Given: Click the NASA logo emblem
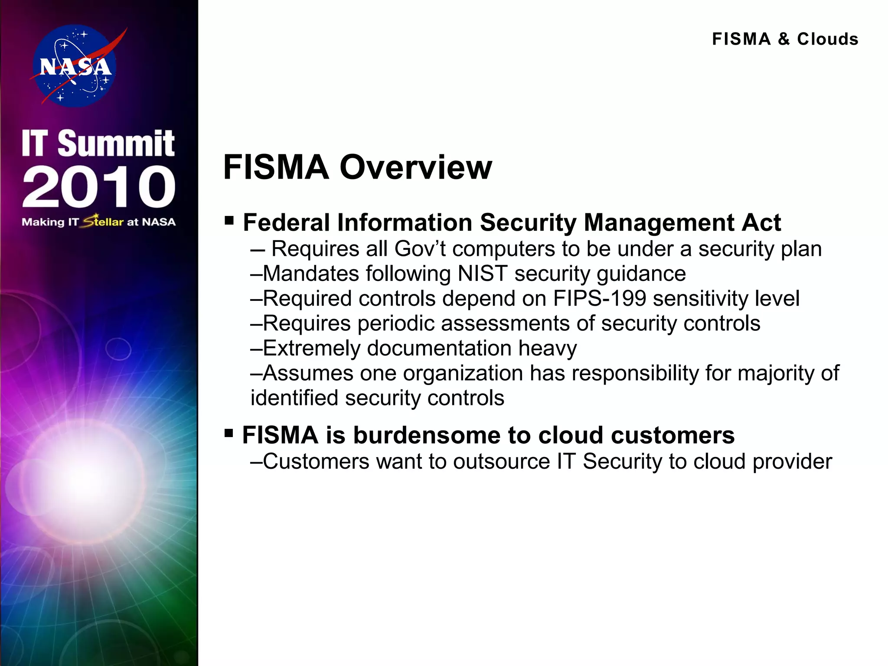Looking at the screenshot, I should tap(75, 66).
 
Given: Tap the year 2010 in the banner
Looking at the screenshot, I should tap(99, 186).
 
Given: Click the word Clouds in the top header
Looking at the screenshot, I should tap(828, 39).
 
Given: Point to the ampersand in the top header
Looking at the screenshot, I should tap(784, 39).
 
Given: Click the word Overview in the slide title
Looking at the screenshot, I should tap(416, 167).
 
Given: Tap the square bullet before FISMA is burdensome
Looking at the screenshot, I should tap(229, 433).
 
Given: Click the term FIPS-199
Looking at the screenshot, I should tap(600, 299).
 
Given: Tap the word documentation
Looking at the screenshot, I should tap(439, 349).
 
